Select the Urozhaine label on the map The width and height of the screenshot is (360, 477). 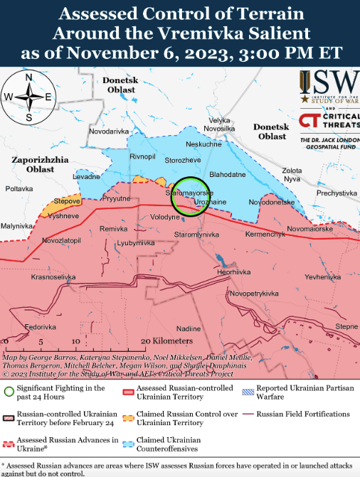(x=210, y=203)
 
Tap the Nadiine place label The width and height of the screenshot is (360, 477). (x=189, y=328)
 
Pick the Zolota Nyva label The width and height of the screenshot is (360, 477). (x=292, y=175)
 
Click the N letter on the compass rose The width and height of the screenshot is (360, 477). (x=28, y=78)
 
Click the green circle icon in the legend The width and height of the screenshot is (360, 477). (x=9, y=390)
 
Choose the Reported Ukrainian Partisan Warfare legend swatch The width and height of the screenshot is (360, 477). (x=248, y=390)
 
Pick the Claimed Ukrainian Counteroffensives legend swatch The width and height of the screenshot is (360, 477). (x=127, y=444)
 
